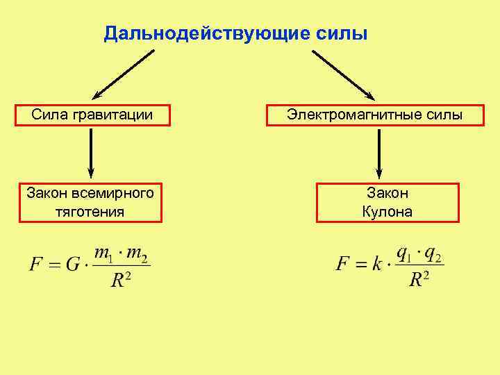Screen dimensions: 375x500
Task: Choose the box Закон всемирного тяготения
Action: point(90,201)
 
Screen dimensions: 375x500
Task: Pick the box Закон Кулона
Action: point(387,202)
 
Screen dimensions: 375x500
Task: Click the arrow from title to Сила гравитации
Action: point(124,74)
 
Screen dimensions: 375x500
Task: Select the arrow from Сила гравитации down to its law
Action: point(91,152)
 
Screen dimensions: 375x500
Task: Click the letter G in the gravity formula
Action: point(72,265)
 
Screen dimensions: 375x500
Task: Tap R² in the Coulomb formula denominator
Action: point(419,279)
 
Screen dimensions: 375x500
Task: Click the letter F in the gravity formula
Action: point(35,265)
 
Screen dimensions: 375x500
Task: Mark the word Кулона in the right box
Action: point(387,211)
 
